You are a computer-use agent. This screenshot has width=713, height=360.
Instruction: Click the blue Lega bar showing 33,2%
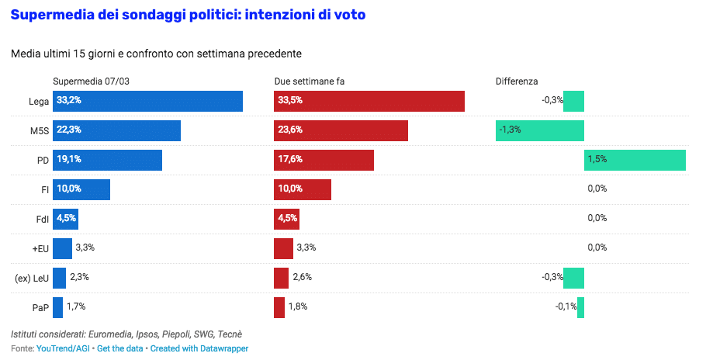[147, 102]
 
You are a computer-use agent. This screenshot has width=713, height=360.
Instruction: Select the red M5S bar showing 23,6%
[341, 130]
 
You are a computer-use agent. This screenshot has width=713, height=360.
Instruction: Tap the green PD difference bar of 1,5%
[635, 160]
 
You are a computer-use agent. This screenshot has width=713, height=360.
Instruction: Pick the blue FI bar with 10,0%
[81, 189]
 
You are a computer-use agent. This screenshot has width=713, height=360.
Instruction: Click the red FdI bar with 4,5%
[286, 218]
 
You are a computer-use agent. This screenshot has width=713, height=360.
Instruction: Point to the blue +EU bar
[62, 248]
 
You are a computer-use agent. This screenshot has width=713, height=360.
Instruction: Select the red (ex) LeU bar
[281, 278]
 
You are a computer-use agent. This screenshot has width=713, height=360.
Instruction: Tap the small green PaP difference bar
[580, 307]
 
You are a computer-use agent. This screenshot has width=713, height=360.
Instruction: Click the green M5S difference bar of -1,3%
[539, 130]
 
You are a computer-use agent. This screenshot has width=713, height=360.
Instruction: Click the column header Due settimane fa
[310, 81]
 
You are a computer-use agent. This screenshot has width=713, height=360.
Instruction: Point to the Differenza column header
[517, 81]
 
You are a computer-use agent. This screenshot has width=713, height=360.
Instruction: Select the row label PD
[43, 160]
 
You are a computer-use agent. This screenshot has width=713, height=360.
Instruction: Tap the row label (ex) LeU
[32, 278]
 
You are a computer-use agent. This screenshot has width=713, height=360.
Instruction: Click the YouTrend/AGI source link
[63, 349]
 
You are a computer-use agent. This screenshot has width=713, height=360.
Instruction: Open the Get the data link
[121, 349]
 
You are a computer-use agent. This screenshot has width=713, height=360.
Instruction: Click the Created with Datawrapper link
[199, 349]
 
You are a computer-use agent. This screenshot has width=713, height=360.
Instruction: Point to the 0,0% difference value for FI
[597, 189]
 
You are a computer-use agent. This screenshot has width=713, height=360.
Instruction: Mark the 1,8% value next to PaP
[298, 307]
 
